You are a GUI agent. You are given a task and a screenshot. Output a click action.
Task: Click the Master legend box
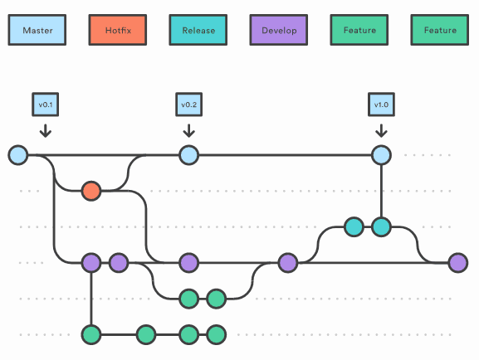pyautogui.click(x=37, y=30)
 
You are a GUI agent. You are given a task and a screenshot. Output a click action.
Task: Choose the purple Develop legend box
pyautogui.click(x=278, y=30)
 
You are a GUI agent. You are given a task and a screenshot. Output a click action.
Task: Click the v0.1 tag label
pyautogui.click(x=45, y=105)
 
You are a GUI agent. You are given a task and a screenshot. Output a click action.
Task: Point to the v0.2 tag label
pyautogui.click(x=188, y=105)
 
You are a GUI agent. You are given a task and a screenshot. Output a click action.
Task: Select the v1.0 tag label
pyautogui.click(x=381, y=105)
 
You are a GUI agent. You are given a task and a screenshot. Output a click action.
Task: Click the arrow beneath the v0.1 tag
pyautogui.click(x=45, y=129)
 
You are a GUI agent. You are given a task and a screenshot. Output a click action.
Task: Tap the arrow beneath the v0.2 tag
pyautogui.click(x=188, y=129)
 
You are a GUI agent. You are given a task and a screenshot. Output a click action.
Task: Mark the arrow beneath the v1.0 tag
pyautogui.click(x=381, y=129)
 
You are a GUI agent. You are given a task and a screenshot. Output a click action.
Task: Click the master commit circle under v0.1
pyautogui.click(x=17, y=155)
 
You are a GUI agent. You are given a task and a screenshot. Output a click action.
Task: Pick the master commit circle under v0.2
pyautogui.click(x=188, y=155)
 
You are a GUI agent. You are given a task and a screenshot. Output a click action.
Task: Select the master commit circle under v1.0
pyautogui.click(x=381, y=155)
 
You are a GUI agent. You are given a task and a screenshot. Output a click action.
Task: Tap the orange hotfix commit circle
pyautogui.click(x=91, y=192)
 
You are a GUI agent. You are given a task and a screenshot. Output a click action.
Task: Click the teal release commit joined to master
pyautogui.click(x=381, y=226)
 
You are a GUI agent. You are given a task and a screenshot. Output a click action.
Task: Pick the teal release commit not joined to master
pyautogui.click(x=354, y=226)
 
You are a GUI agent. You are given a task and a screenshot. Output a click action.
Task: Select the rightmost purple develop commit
pyautogui.click(x=457, y=263)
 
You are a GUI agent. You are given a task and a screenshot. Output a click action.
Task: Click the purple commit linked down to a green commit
pyautogui.click(x=91, y=263)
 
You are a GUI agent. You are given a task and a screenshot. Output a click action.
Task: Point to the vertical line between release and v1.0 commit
pyautogui.click(x=381, y=191)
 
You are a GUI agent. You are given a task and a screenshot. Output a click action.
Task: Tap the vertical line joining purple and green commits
pyautogui.click(x=91, y=299)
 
